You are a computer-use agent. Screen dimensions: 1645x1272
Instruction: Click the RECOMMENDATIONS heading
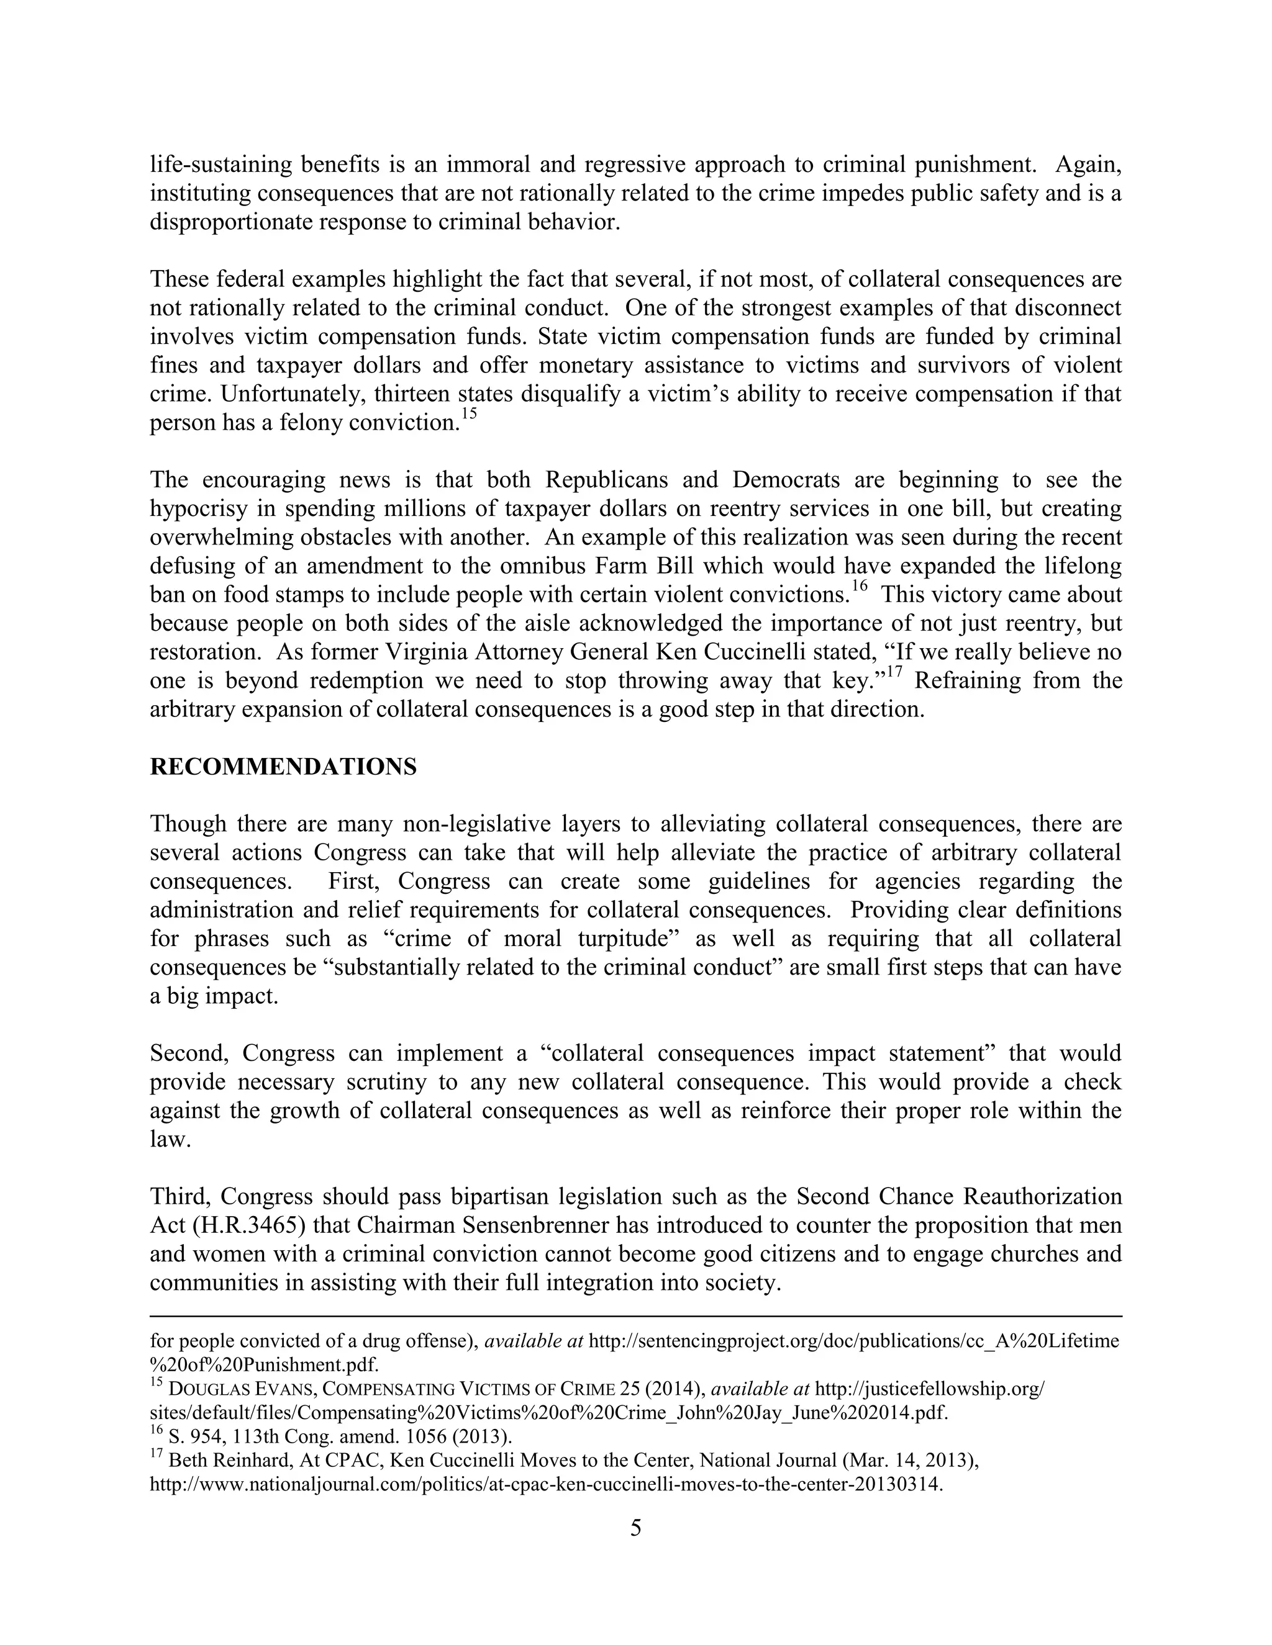[283, 767]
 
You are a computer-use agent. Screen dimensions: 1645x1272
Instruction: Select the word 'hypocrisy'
[198, 509]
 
